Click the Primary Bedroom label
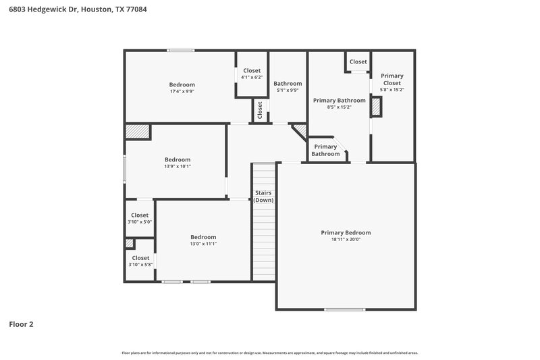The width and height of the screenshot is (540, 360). (x=346, y=232)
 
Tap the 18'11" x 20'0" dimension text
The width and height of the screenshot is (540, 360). (x=346, y=240)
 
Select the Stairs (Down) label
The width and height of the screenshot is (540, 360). (x=263, y=197)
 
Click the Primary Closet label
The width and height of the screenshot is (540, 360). (x=392, y=79)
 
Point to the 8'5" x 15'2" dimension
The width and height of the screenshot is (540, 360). (x=339, y=107)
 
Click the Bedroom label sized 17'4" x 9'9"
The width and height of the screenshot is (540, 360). (x=182, y=84)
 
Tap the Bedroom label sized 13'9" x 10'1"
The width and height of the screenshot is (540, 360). (x=178, y=159)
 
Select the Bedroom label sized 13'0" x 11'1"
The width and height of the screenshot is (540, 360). (x=203, y=236)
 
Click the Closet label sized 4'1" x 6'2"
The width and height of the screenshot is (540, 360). (x=252, y=70)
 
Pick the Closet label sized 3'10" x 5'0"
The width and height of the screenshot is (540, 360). (x=140, y=215)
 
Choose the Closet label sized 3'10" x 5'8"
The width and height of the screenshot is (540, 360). (x=140, y=257)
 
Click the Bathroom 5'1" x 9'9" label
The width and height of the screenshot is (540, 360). (x=288, y=84)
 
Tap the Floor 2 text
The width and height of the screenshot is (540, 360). (x=21, y=324)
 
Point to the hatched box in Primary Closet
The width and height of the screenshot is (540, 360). (x=377, y=107)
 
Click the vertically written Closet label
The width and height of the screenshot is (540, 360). (x=260, y=111)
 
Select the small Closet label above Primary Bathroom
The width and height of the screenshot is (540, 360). (x=358, y=61)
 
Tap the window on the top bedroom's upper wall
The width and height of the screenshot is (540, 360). (x=181, y=50)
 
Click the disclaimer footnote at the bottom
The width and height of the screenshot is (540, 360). (x=270, y=353)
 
